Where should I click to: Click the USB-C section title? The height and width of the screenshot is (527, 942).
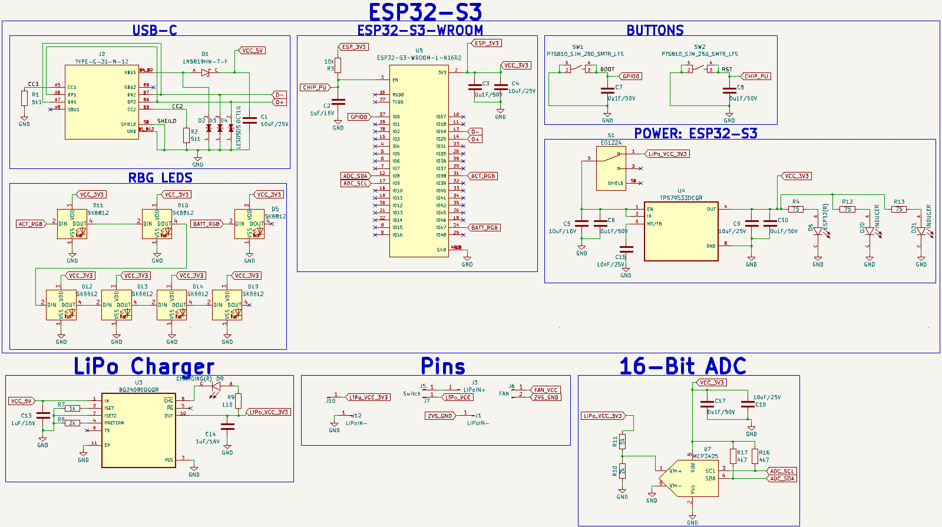pyautogui.click(x=154, y=30)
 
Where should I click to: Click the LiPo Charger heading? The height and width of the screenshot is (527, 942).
pyautogui.click(x=144, y=366)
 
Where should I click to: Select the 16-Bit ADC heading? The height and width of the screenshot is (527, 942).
pyautogui.click(x=682, y=366)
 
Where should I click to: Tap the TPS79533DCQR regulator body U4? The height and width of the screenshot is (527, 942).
pyautogui.click(x=680, y=231)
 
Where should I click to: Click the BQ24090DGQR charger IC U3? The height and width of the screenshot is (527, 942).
pyautogui.click(x=138, y=430)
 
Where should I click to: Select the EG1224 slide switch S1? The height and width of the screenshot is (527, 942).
pyautogui.click(x=611, y=168)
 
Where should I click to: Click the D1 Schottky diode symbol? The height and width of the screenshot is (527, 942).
pyautogui.click(x=205, y=72)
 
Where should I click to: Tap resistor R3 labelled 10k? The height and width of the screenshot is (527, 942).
pyautogui.click(x=338, y=65)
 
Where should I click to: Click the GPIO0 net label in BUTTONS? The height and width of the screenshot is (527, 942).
pyautogui.click(x=631, y=77)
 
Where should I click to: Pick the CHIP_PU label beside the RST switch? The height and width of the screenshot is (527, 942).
pyautogui.click(x=756, y=77)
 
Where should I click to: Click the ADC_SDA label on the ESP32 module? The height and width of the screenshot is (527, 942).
pyautogui.click(x=355, y=176)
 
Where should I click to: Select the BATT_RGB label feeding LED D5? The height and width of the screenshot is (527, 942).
pyautogui.click(x=206, y=224)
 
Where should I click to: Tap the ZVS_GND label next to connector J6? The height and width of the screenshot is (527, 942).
pyautogui.click(x=546, y=397)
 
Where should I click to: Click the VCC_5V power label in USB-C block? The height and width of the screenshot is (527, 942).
pyautogui.click(x=252, y=51)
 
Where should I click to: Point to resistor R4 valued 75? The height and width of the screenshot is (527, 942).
pyautogui.click(x=795, y=209)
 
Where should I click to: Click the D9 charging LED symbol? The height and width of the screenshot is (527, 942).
pyautogui.click(x=215, y=386)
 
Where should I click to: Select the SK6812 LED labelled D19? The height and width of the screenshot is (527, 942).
pyautogui.click(x=227, y=304)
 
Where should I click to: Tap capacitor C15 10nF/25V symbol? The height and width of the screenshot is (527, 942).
pyautogui.click(x=626, y=249)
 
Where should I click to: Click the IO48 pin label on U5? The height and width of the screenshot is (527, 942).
pyautogui.click(x=441, y=234)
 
